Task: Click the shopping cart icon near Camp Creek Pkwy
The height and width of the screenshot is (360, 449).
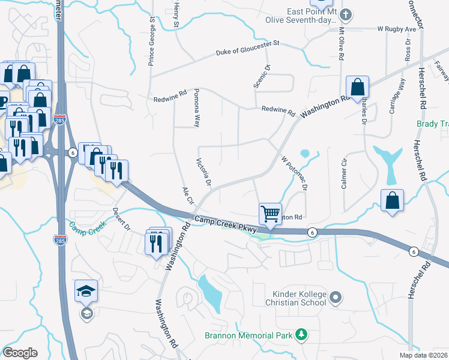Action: pos(271,214)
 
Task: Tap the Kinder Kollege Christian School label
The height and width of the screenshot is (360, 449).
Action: pos(299,298)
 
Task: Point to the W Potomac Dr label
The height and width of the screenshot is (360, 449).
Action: pos(294,172)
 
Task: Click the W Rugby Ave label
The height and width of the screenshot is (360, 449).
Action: pos(397,29)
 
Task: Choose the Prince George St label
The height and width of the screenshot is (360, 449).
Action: pos(152,42)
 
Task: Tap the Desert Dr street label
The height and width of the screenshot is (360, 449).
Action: pos(121,220)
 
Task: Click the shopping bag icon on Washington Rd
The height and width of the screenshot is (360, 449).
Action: pos(357,88)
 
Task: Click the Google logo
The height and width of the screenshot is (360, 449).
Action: pos(20,353)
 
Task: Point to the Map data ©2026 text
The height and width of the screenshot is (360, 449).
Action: pos(423,355)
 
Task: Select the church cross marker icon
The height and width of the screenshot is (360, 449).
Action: pos(346,14)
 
